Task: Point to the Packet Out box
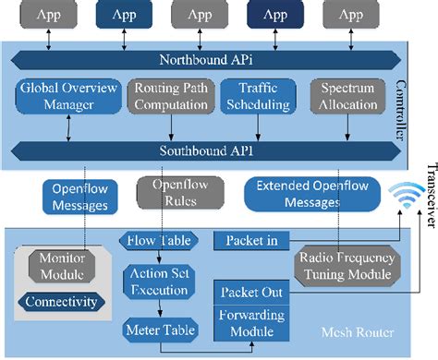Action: click(x=252, y=292)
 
